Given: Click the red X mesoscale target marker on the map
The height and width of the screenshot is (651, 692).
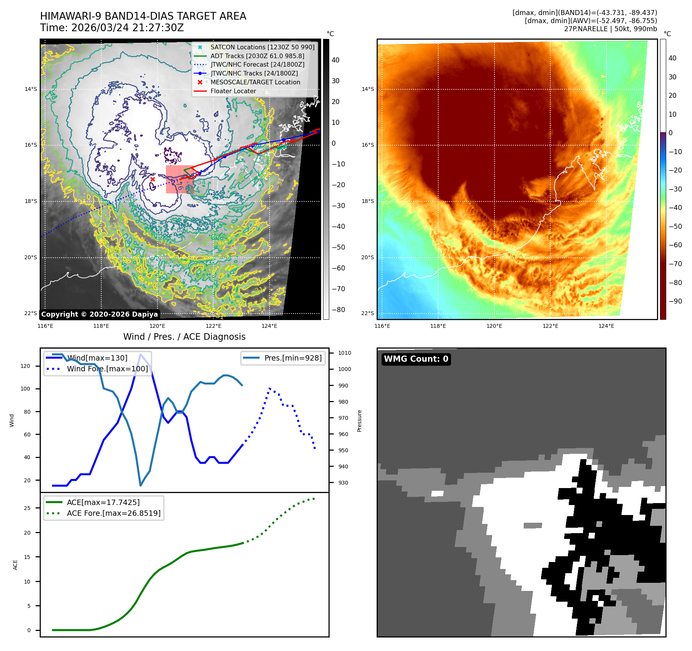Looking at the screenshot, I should [152, 180].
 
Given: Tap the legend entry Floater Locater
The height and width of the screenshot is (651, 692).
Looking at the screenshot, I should [233, 91].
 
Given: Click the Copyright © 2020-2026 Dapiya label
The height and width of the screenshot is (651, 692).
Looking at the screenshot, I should [99, 314].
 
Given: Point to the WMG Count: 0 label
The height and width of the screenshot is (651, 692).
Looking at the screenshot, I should [416, 359].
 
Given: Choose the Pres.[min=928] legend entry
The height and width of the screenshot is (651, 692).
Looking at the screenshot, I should [293, 358].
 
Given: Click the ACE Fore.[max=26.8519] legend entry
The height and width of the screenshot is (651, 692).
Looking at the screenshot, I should [114, 513].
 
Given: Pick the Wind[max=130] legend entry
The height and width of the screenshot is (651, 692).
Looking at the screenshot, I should [97, 358].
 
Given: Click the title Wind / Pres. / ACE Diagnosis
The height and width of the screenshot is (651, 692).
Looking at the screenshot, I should [184, 337].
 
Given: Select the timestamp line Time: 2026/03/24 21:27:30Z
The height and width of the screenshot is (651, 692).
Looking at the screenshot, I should [112, 28].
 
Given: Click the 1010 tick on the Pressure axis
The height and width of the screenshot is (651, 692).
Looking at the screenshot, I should [345, 353].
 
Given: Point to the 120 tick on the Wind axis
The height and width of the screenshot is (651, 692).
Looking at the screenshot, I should [25, 366].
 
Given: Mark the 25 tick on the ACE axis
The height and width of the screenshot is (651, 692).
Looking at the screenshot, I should [27, 508].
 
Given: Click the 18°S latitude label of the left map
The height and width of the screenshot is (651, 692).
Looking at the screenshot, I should [31, 201].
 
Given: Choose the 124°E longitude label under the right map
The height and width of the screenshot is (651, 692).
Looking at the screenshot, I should [606, 326].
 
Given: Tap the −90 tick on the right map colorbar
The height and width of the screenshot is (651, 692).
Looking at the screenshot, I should [675, 301].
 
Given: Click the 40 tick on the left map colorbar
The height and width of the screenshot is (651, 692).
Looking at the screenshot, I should [335, 60].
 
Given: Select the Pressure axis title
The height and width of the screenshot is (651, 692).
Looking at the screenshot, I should [359, 421].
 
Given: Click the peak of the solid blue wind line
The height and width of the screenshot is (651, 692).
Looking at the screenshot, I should [141, 354].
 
